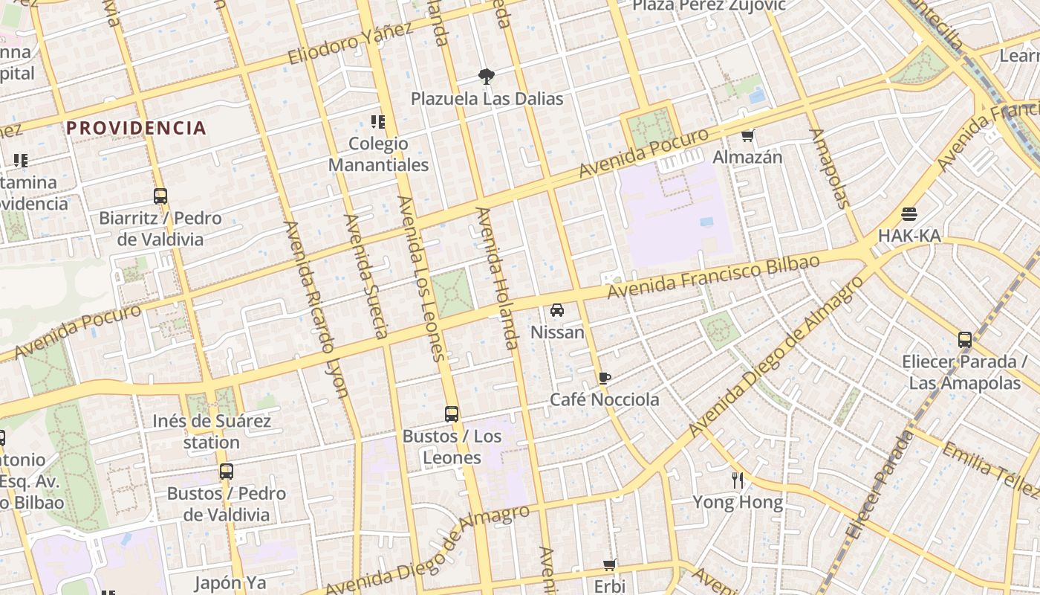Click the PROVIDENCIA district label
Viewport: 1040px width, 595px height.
pos(136,128)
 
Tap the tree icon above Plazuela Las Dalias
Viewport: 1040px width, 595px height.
pos(487,76)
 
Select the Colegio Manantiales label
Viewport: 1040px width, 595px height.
pos(379,154)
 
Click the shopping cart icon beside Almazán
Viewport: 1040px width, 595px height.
pos(748,135)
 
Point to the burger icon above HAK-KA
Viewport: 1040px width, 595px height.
pos(909,214)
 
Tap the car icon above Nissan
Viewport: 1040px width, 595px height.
pos(557,310)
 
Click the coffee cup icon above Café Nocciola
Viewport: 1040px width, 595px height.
pos(605,378)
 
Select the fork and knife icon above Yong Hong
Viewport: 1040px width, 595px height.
pos(738,480)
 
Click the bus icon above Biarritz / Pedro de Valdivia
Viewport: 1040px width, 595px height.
pos(160,196)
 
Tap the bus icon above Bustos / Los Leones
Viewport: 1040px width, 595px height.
pos(452,414)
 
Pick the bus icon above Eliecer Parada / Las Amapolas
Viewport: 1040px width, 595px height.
pos(965,340)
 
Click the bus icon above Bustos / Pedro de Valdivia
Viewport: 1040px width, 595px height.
pos(227,472)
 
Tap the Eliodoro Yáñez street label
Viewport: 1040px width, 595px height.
pos(350,43)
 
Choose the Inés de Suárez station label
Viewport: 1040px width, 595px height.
pos(212,431)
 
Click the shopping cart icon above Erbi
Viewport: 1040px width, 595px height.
pos(610,565)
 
